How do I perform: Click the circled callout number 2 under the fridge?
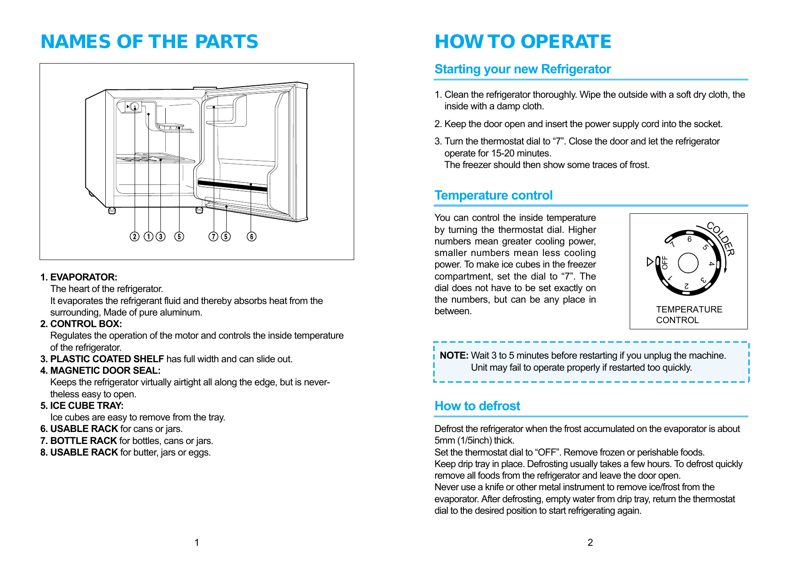click(x=135, y=236)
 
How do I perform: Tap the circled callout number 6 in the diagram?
click(x=252, y=236)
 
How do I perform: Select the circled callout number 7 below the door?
click(x=214, y=236)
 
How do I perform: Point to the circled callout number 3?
click(x=161, y=236)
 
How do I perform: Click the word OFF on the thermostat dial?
click(x=665, y=262)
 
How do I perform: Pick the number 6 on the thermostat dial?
click(x=689, y=239)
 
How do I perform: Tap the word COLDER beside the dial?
click(x=720, y=239)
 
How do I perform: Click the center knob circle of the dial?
click(x=688, y=263)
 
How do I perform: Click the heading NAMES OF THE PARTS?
click(x=149, y=42)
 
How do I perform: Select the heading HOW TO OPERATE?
click(x=523, y=42)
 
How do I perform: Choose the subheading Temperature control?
click(x=493, y=196)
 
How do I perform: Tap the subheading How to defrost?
click(x=477, y=406)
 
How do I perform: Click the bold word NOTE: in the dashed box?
click(x=454, y=356)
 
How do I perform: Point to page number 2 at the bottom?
click(x=590, y=542)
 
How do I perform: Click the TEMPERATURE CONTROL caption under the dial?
click(x=689, y=315)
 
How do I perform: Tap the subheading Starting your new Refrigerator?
click(x=523, y=69)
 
